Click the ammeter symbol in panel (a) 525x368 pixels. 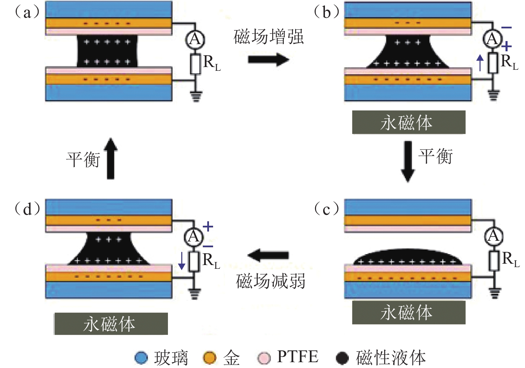pyautogui.click(x=195, y=40)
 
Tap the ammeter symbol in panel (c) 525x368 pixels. pyautogui.click(x=493, y=236)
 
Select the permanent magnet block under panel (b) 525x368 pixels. pyautogui.click(x=409, y=122)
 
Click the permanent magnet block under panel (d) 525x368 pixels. pyautogui.click(x=111, y=324)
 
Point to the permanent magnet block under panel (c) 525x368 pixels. pyautogui.click(x=409, y=313)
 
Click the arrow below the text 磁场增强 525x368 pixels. pyautogui.click(x=268, y=60)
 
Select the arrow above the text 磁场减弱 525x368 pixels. pyautogui.click(x=268, y=255)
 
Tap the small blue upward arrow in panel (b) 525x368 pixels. pyautogui.click(x=481, y=63)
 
